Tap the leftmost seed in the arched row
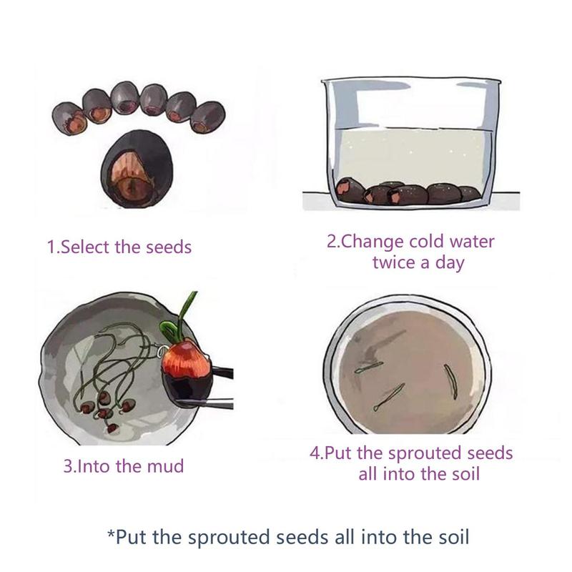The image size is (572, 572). (x=69, y=119)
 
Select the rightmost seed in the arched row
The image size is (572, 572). (x=207, y=117)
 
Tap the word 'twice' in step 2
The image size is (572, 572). (x=394, y=262)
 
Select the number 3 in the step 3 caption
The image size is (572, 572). (x=68, y=467)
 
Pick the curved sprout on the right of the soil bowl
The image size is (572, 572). (x=451, y=382)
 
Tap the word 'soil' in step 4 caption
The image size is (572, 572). (x=465, y=474)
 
